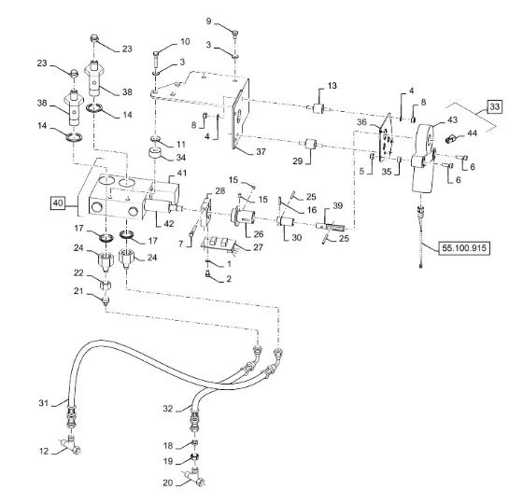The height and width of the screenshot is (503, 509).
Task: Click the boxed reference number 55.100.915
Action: tap(464, 248)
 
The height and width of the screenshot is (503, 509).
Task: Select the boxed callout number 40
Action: tap(58, 203)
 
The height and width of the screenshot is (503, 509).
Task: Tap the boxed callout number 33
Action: tap(494, 106)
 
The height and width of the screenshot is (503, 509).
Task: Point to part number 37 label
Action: tap(261, 151)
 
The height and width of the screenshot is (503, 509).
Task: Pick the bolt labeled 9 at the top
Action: tap(235, 34)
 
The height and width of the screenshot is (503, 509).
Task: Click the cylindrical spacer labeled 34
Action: tap(155, 153)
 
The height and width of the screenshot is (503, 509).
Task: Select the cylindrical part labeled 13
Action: tap(318, 108)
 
